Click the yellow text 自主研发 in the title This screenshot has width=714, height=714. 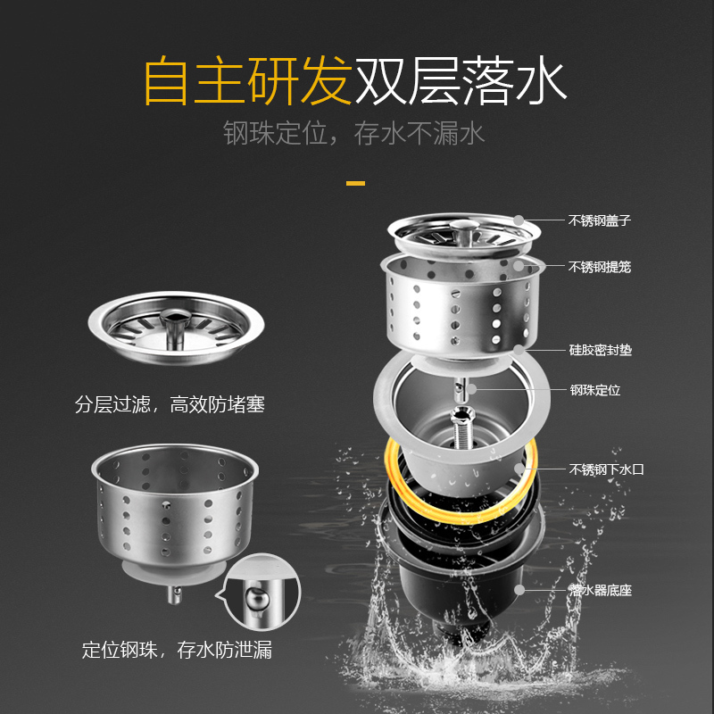pyautogui.click(x=249, y=80)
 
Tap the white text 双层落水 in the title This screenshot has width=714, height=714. pyautogui.click(x=461, y=80)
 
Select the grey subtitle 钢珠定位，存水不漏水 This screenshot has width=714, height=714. pyautogui.click(x=353, y=133)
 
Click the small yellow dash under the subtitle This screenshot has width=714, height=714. pyautogui.click(x=355, y=184)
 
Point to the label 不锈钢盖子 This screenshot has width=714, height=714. pyautogui.click(x=600, y=220)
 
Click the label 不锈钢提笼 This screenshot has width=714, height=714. pyautogui.click(x=600, y=267)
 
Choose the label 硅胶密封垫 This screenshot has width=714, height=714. pyautogui.click(x=601, y=350)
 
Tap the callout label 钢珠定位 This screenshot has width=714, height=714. pyautogui.click(x=595, y=390)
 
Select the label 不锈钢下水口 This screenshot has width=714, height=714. pyautogui.click(x=607, y=469)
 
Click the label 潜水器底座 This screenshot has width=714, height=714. pyautogui.click(x=601, y=591)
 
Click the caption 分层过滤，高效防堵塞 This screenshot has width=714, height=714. pyautogui.click(x=170, y=404)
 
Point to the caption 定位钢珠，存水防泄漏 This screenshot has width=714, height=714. pyautogui.click(x=177, y=650)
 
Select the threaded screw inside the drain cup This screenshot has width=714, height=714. pyautogui.click(x=461, y=428)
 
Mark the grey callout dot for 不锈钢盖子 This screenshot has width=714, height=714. pyautogui.click(x=519, y=220)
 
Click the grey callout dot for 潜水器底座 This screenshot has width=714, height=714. pyautogui.click(x=519, y=590)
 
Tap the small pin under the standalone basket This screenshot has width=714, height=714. pyautogui.click(x=174, y=594)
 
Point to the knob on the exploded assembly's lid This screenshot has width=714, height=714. pyautogui.click(x=463, y=232)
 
